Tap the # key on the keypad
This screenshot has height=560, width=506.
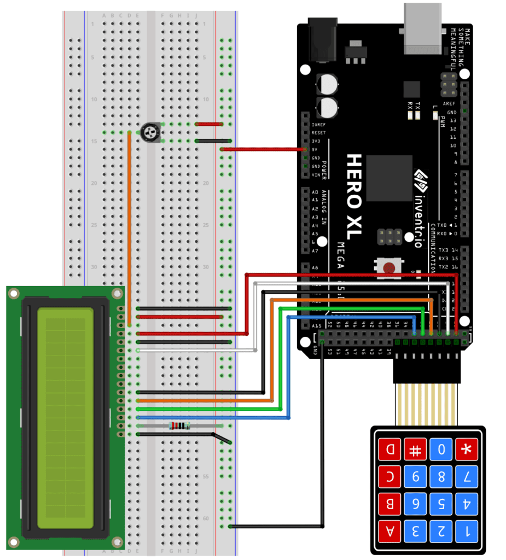[x=415, y=450]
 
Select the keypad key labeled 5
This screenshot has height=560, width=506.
[x=441, y=503]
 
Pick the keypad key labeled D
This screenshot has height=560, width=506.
[x=389, y=450]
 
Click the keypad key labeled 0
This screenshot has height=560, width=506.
[x=441, y=450]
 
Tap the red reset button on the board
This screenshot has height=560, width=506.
[x=389, y=268]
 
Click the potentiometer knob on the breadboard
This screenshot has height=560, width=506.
[x=150, y=132]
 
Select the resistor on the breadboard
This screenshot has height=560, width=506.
[x=179, y=425]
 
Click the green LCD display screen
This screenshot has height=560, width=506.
[x=65, y=418]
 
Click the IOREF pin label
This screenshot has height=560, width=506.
[x=318, y=124]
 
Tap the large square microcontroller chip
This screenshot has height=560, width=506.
[x=389, y=178]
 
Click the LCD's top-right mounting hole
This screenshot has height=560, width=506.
[x=115, y=294]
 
